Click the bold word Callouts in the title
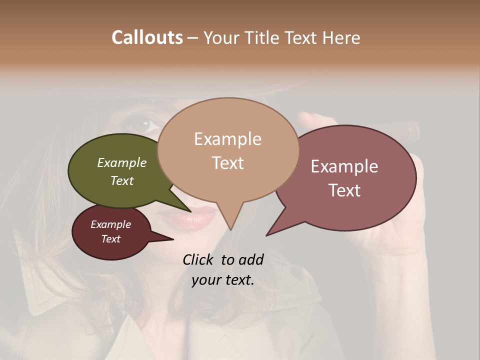(x=147, y=37)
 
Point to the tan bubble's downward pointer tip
(x=230, y=229)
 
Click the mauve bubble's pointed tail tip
(x=267, y=235)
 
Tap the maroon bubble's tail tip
(x=172, y=239)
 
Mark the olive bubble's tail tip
(x=190, y=212)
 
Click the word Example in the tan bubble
(x=227, y=138)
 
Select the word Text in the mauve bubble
(x=344, y=190)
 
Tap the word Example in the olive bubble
(x=121, y=162)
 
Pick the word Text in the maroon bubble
(x=110, y=239)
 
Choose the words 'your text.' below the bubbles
(x=222, y=280)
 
